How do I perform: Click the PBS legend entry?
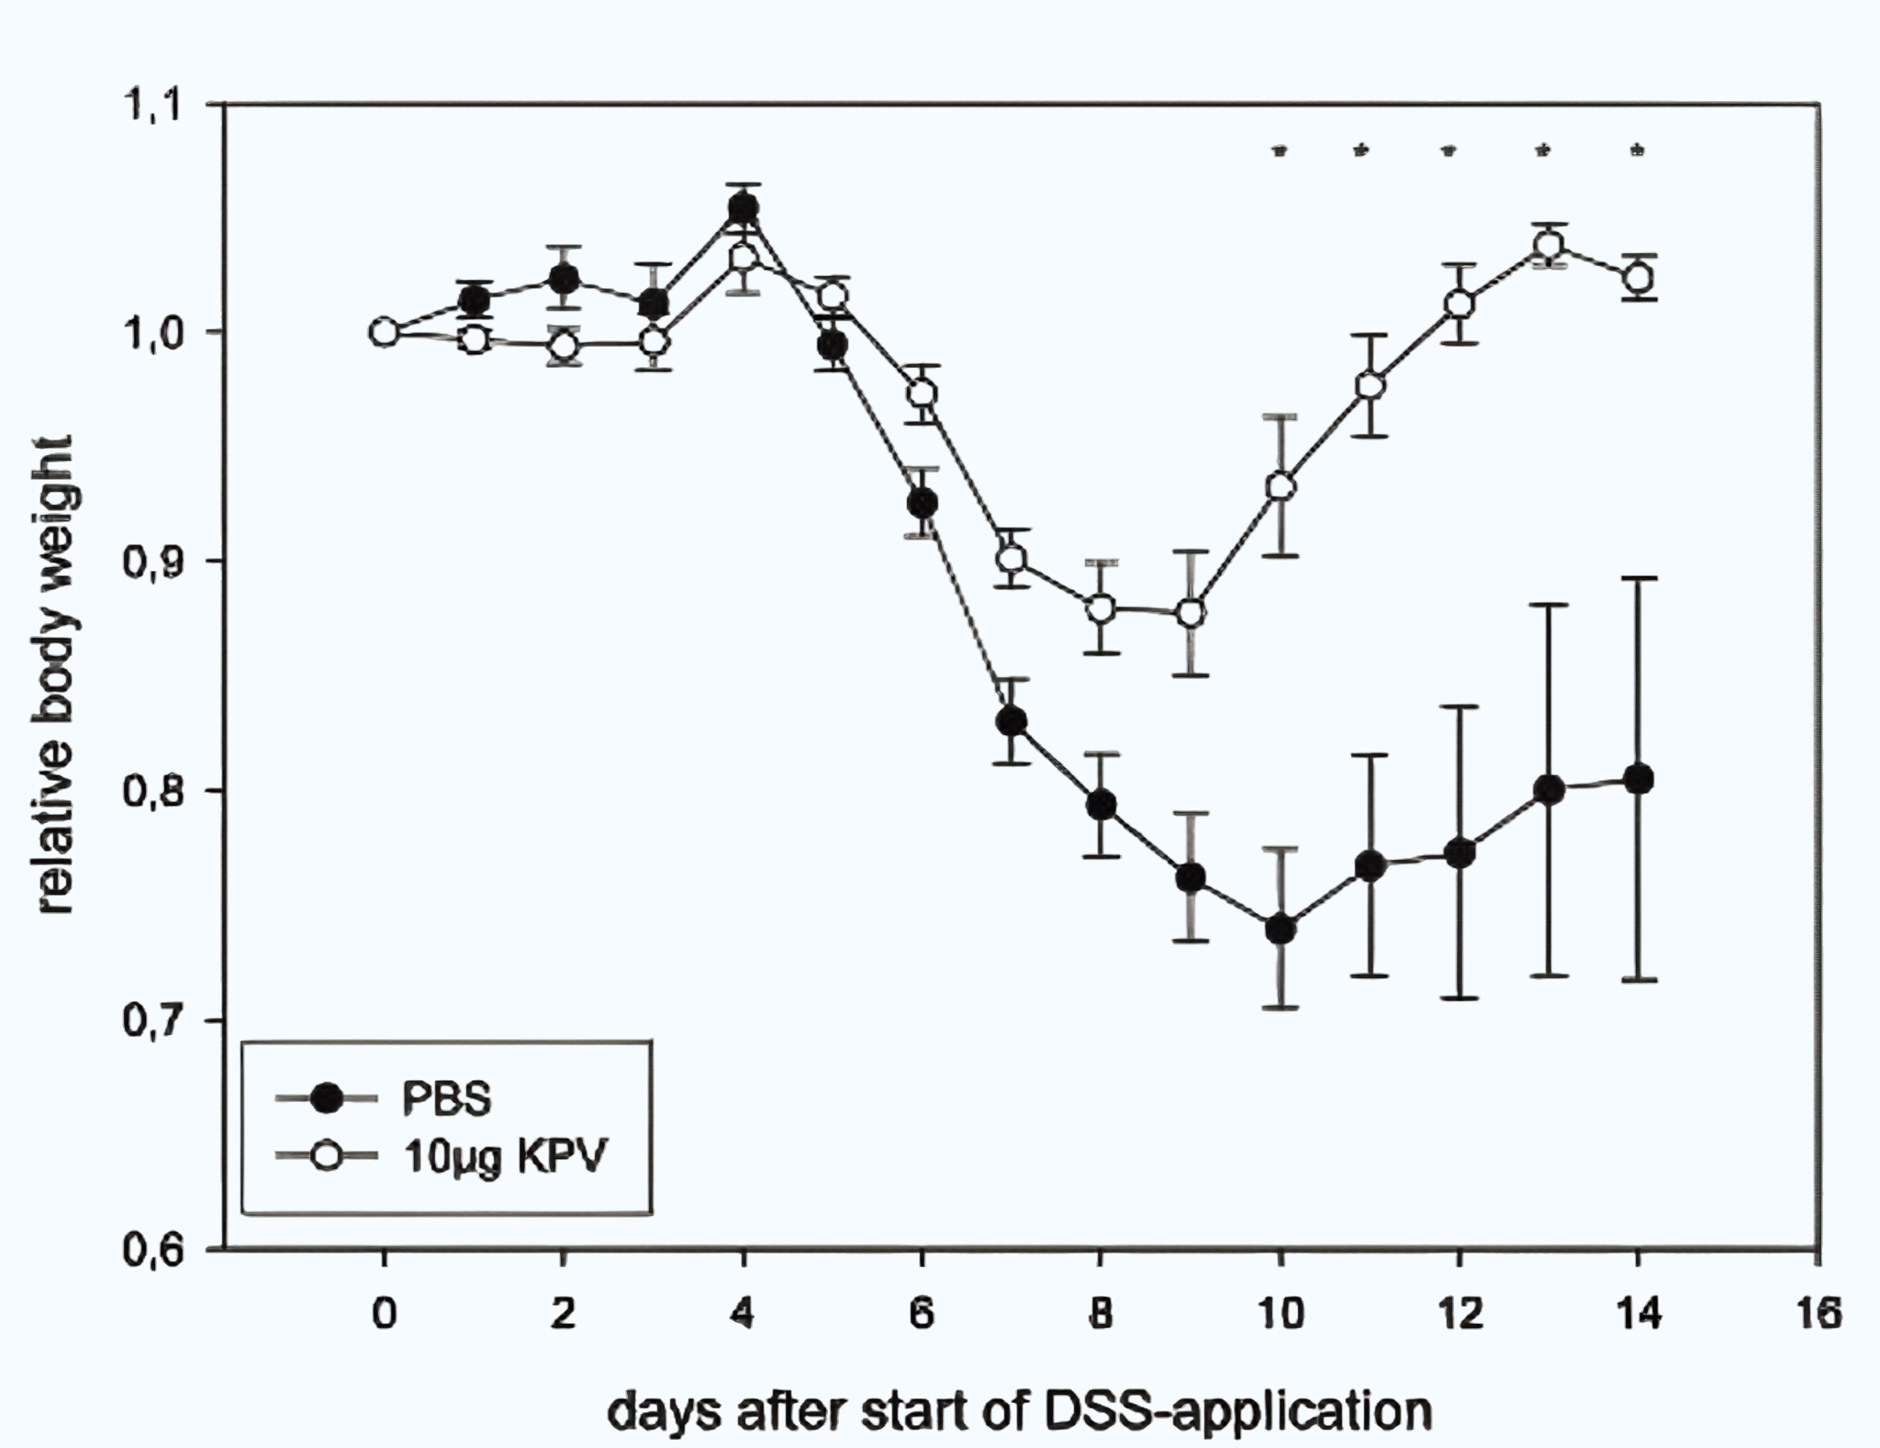click(x=446, y=1097)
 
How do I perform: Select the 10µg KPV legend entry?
click(x=505, y=1156)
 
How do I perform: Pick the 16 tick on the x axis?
click(x=1818, y=1314)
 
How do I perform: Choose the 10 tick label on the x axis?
click(x=1281, y=1314)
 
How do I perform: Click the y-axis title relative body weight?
click(x=56, y=675)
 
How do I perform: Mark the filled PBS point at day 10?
click(x=1281, y=930)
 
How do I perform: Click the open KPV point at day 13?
click(x=1550, y=246)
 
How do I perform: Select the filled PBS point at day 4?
click(x=743, y=210)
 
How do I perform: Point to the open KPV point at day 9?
click(x=1191, y=613)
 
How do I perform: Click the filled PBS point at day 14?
click(x=1639, y=780)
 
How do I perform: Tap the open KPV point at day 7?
click(x=1012, y=558)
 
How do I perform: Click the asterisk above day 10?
click(x=1280, y=150)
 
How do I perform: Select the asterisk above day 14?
click(x=1638, y=150)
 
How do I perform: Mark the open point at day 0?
click(x=385, y=332)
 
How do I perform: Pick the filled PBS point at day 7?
click(x=1012, y=722)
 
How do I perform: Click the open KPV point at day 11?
click(x=1371, y=385)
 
